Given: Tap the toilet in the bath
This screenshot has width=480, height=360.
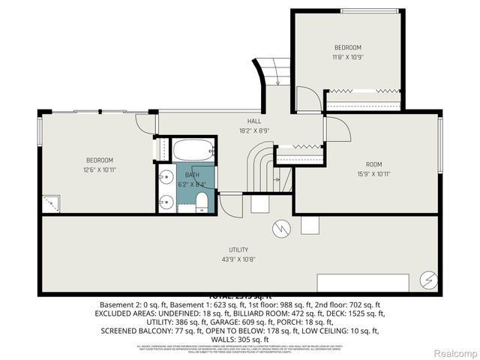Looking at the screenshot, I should point(202,201).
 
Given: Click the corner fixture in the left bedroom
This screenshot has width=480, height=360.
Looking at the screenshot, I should point(51,203).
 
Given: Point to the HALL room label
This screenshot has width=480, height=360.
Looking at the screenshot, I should point(254,120).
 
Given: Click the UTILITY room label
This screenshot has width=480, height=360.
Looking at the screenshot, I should point(238,250).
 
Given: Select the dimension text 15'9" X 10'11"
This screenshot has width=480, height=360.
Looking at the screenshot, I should point(373,175).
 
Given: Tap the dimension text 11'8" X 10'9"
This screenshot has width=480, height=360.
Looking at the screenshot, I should point(348,57).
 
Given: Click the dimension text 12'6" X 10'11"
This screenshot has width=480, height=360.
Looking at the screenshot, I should point(98,170).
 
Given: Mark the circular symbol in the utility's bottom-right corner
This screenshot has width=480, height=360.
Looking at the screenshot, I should point(428,279).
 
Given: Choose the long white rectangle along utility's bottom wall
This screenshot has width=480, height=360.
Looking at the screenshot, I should point(363,282).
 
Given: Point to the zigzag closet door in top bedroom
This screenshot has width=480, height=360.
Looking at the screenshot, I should point(364,91).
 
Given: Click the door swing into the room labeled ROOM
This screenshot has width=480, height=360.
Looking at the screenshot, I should point(337,128).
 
